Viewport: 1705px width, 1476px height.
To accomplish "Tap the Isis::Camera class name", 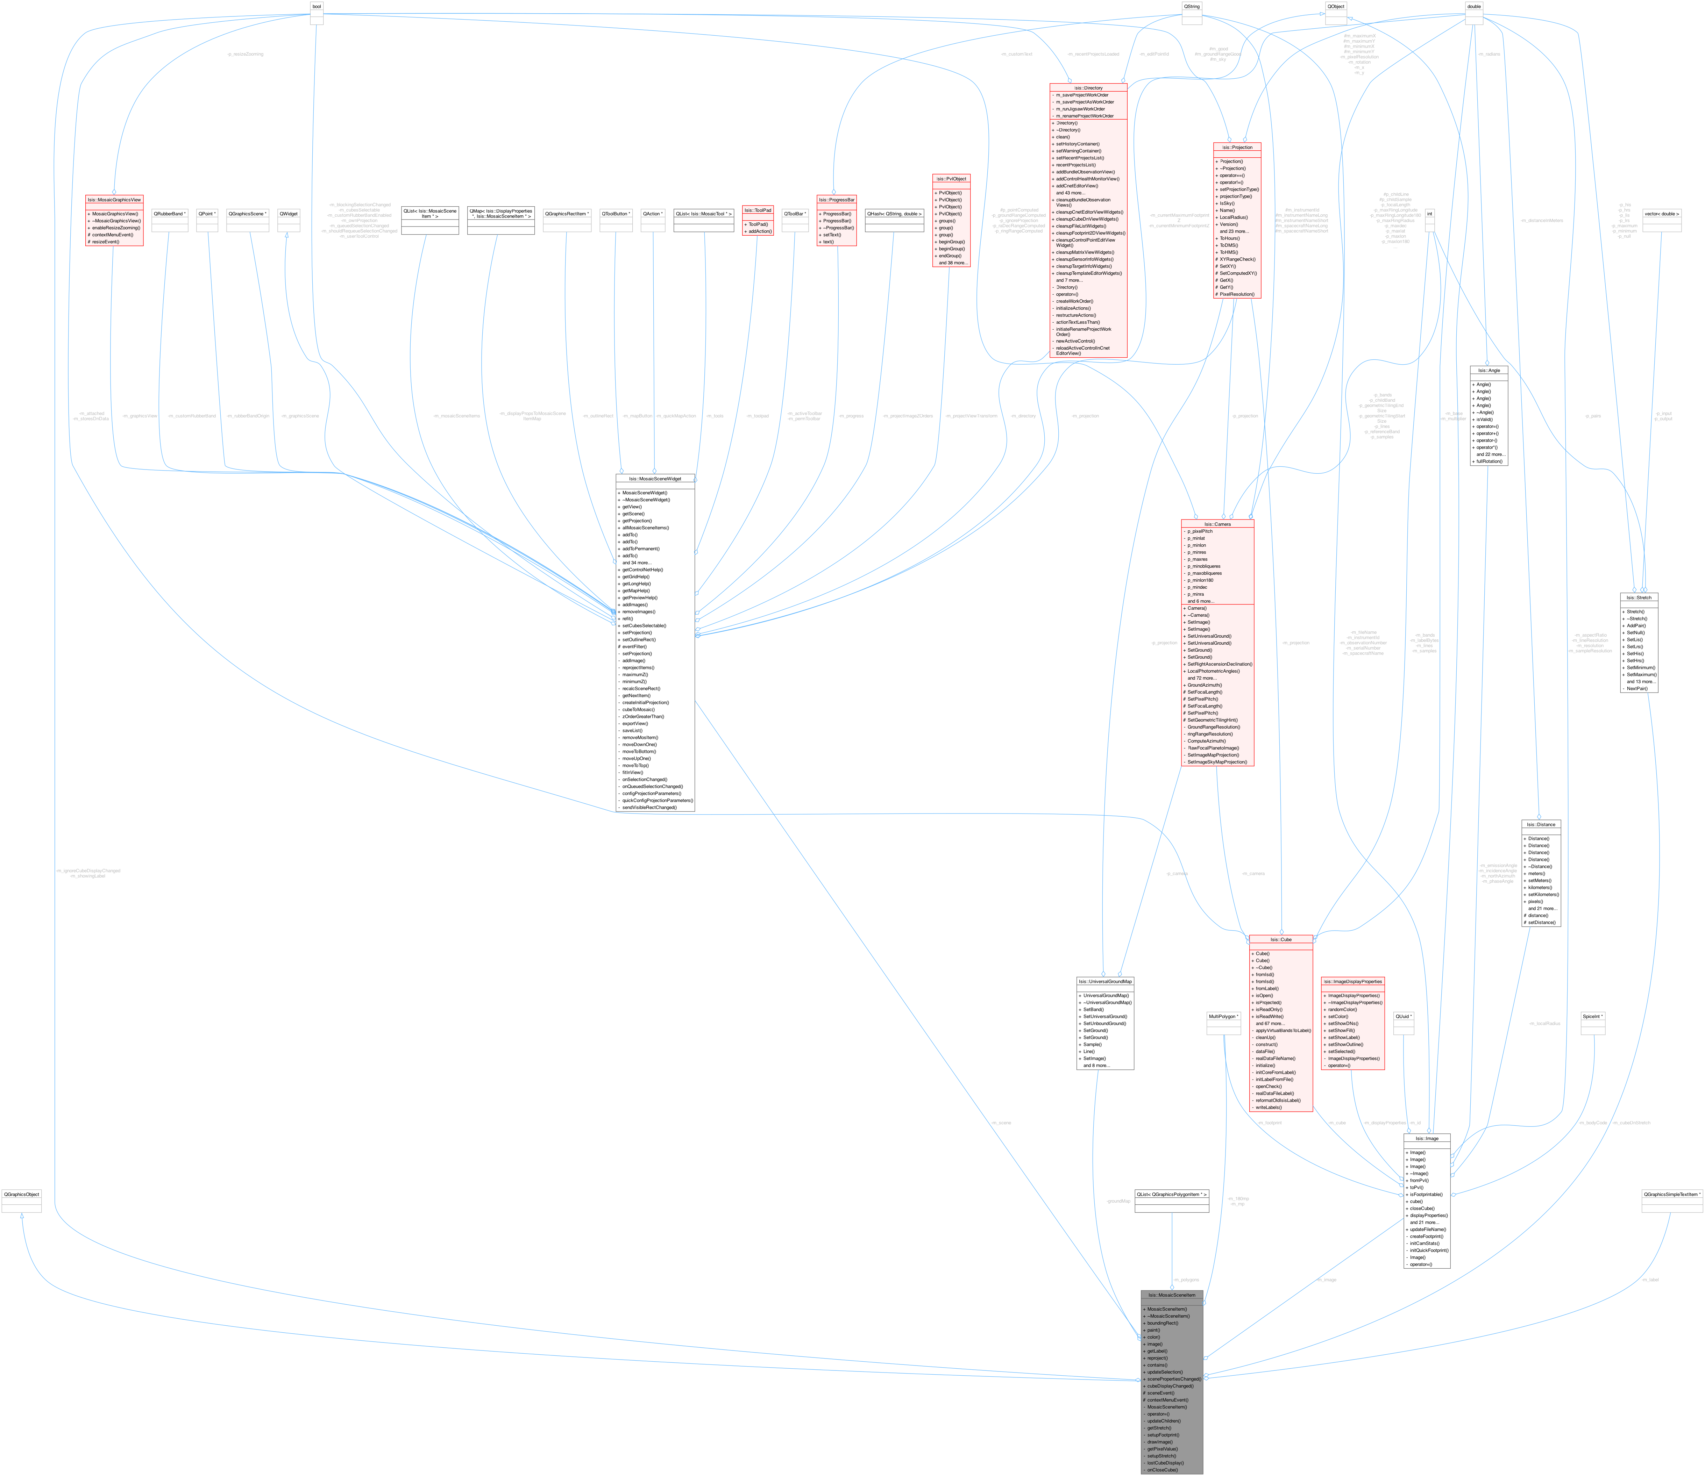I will pos(1217,524).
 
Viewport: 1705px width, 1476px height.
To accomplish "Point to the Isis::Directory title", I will pos(1088,87).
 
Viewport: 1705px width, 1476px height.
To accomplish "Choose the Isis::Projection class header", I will pos(1237,148).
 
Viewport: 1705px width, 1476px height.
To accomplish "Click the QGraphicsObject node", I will pos(21,1194).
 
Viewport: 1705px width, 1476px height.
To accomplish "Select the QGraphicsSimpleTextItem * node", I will pos(1672,1194).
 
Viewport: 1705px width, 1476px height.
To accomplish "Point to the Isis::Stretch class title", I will pos(1639,597).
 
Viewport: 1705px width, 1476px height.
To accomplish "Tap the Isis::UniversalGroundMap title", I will pos(1105,981).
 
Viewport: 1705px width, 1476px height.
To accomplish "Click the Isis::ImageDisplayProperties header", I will pos(1351,981).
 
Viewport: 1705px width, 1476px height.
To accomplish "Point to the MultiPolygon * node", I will pos(1223,1016).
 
